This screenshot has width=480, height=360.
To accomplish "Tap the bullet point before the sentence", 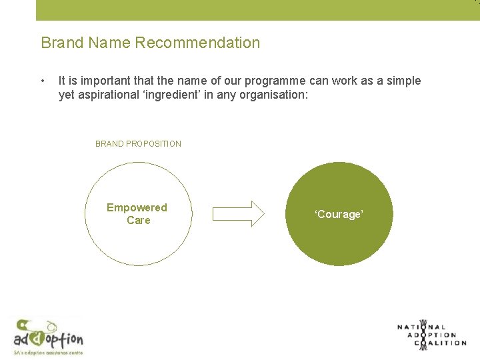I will coord(43,81).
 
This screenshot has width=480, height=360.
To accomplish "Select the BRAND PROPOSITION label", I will coord(138,144).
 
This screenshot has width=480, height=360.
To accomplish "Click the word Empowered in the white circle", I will coord(137,208).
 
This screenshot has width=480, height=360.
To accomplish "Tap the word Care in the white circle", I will coord(139,221).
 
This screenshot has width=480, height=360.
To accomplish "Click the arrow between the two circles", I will coord(238,214).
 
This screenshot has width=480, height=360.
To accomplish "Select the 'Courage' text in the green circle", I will coord(339,215).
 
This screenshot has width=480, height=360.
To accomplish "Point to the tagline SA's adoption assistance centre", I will coord(48,352).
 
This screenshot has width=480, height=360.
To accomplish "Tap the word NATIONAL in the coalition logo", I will coord(422,327).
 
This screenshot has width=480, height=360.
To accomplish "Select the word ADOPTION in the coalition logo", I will coord(433,335).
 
